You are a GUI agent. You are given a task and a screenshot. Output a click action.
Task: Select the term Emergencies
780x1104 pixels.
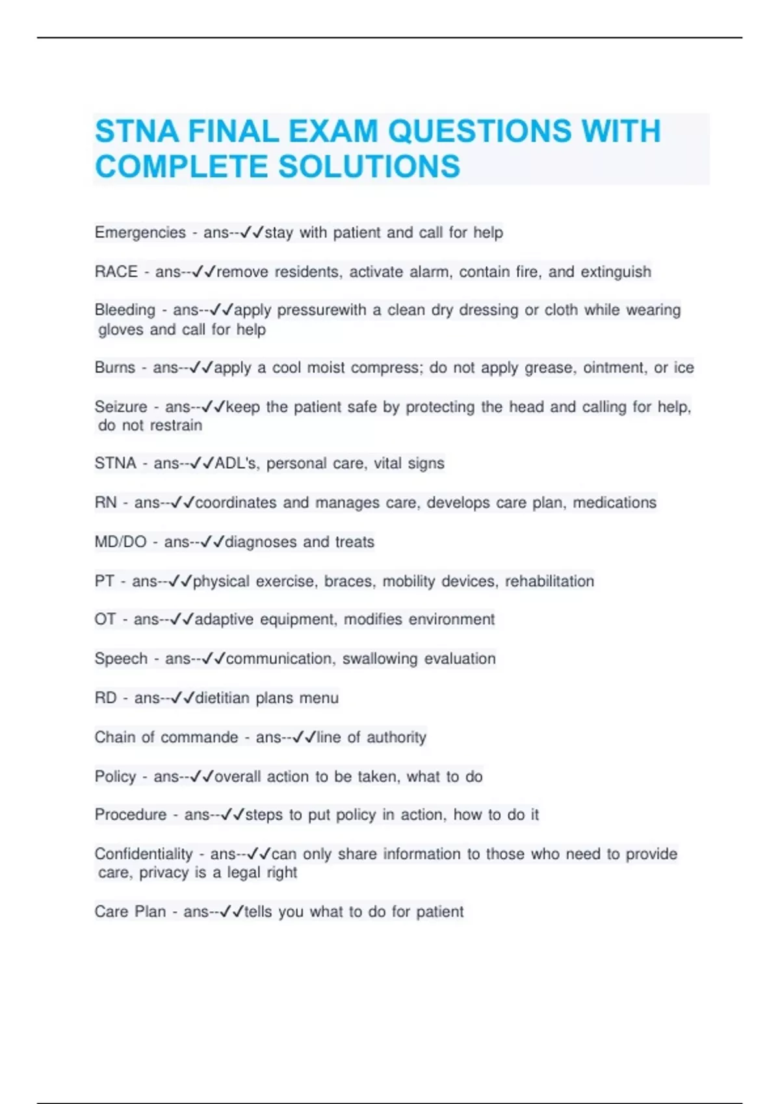(140, 232)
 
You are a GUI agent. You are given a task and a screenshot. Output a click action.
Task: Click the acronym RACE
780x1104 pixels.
(116, 271)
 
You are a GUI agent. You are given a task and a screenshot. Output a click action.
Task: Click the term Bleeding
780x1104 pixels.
(125, 310)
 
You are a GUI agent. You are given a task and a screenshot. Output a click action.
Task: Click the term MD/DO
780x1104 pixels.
(120, 542)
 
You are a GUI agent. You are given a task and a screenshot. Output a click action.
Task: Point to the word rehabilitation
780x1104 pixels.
(549, 581)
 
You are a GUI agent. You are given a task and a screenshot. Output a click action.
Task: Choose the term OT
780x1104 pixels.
(105, 619)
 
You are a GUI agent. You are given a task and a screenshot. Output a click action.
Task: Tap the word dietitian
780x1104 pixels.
(222, 698)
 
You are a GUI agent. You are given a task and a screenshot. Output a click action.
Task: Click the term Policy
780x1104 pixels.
(115, 777)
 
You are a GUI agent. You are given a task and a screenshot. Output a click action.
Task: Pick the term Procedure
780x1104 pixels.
(130, 814)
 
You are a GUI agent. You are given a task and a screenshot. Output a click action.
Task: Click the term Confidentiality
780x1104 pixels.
(144, 853)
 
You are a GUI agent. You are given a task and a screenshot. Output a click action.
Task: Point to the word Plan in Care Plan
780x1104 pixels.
(149, 912)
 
